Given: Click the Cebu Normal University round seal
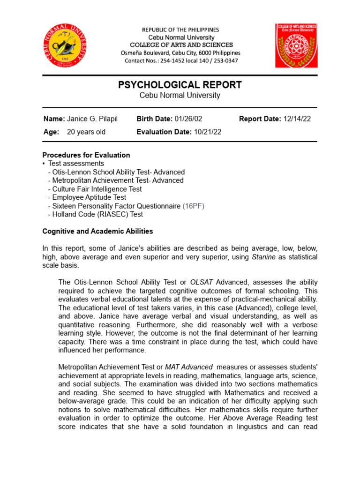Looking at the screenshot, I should (x=65, y=46).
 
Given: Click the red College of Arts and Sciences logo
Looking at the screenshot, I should (x=296, y=45).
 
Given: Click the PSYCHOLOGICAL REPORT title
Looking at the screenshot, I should (x=180, y=85).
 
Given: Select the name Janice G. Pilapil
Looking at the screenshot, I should (x=92, y=119).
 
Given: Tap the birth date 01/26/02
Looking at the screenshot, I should (x=188, y=119).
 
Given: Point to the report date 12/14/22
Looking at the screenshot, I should (x=297, y=119).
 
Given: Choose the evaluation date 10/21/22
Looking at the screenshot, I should (x=207, y=132).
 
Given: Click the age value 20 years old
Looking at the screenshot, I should (x=86, y=132).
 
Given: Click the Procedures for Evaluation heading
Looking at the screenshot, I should (x=86, y=155).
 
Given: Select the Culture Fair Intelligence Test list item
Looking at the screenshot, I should (x=97, y=189).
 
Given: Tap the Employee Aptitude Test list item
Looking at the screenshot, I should (x=89, y=197).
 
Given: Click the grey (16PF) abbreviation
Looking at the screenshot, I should (x=193, y=206).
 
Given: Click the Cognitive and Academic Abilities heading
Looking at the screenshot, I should (x=97, y=231).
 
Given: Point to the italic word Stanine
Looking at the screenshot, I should (x=263, y=257).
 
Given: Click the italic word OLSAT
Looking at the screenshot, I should (x=202, y=282).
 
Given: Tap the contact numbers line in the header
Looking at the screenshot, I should (x=181, y=61).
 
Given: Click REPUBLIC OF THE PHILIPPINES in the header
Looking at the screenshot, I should (x=180, y=30).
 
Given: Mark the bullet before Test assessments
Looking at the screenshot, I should (x=44, y=164).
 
